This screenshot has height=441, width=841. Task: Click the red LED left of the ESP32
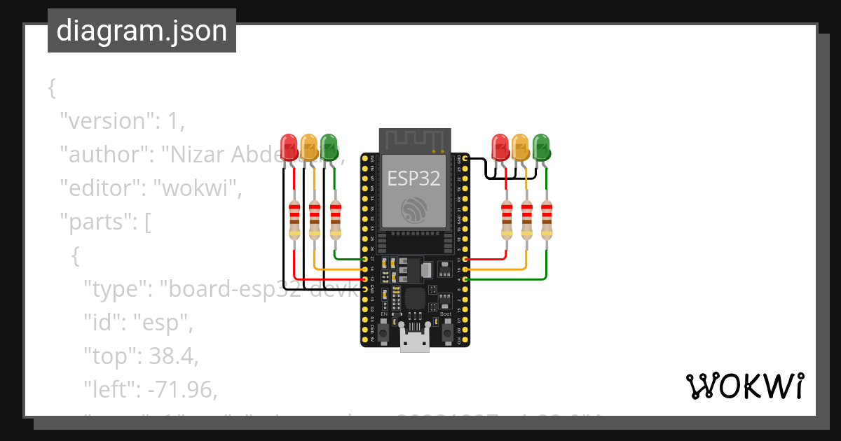pos(289,147)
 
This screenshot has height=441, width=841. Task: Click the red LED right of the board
pos(500,147)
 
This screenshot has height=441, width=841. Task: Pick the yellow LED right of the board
pos(520,147)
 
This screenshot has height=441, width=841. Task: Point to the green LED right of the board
pos(541,147)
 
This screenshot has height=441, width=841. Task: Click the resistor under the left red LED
pos(294,219)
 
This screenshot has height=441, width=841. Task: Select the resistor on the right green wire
pos(547,219)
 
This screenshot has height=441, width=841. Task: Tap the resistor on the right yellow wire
pos(526,219)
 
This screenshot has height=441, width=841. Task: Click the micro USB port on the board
pos(415,343)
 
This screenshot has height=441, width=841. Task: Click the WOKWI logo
pos(744,386)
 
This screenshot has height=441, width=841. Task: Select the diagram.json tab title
pos(142,31)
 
